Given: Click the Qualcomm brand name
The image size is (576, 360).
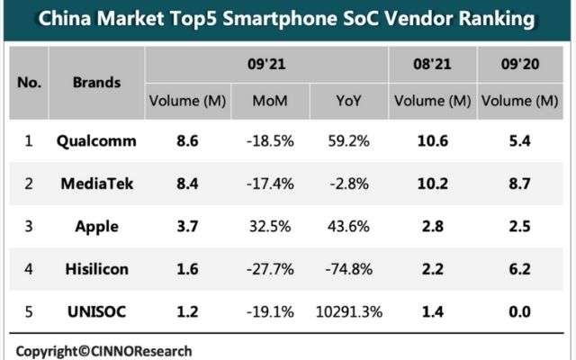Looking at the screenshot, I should point(96,141).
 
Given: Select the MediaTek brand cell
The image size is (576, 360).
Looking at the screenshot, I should point(96,183).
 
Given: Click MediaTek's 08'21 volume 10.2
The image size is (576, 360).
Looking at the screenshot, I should point(435,183).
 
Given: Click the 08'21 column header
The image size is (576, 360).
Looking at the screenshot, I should point(435,65).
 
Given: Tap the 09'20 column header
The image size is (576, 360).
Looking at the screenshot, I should point(520,65).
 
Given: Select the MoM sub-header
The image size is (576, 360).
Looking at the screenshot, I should point(270,100).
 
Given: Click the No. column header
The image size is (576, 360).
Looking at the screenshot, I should point(30,82).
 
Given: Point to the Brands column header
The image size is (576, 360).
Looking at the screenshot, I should point(96,82).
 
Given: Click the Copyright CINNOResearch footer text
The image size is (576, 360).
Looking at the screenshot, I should point(103,350).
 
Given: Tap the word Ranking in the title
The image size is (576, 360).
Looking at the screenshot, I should point(509,19).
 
